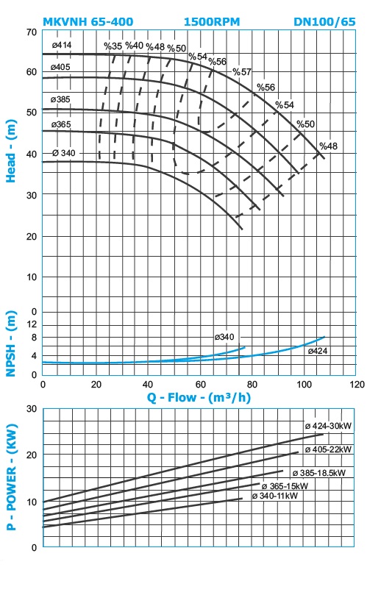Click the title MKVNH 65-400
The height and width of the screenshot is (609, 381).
(x=88, y=22)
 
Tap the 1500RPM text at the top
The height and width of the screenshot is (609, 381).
(x=212, y=22)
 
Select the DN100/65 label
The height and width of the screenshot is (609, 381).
(x=324, y=22)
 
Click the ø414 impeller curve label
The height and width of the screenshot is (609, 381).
(x=61, y=45)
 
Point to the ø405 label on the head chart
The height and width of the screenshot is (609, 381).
(x=60, y=67)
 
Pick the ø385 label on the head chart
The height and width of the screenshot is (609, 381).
(x=60, y=99)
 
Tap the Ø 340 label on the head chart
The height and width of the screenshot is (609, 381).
(x=64, y=153)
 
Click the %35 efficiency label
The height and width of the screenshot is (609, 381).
(x=113, y=46)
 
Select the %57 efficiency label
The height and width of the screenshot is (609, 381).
(x=242, y=72)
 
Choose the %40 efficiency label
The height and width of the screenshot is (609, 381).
(x=135, y=46)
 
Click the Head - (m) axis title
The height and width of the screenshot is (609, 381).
(x=11, y=151)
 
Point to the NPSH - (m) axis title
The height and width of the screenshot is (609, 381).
(x=11, y=343)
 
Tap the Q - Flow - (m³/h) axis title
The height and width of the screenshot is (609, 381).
(x=199, y=397)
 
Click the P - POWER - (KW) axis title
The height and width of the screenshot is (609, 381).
(x=12, y=477)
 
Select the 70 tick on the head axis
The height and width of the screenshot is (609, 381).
(x=32, y=32)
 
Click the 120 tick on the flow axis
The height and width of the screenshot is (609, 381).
(x=357, y=385)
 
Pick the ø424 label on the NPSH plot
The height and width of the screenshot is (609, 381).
(x=318, y=351)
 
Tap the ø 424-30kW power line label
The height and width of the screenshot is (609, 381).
(x=328, y=426)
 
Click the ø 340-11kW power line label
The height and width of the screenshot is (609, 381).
(x=275, y=496)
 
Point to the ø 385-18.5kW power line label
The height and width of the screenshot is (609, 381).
(x=319, y=473)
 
